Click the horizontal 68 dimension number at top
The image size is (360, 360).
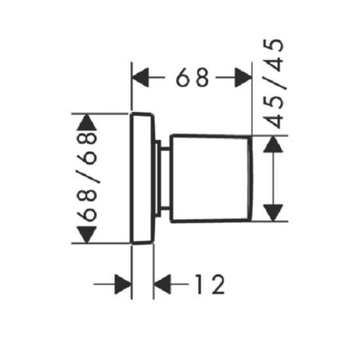pyautogui.click(x=192, y=77)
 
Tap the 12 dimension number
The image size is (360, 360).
pyautogui.click(x=210, y=284)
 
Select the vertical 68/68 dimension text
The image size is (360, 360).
pyautogui.click(x=86, y=177)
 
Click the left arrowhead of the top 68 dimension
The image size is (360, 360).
pyautogui.click(x=140, y=77)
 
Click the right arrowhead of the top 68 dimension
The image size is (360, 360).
pyautogui.click(x=243, y=77)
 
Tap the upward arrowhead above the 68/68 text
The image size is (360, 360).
pyautogui.click(x=86, y=122)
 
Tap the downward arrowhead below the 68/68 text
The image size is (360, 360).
pyautogui.click(x=86, y=234)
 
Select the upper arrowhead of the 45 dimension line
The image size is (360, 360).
pyautogui.click(x=273, y=145)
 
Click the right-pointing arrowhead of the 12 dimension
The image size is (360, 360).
pyautogui.click(x=123, y=284)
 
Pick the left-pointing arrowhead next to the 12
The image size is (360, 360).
pyautogui.click(x=162, y=284)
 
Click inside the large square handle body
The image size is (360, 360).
pyautogui.click(x=209, y=179)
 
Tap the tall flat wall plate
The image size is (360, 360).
pyautogui.click(x=141, y=179)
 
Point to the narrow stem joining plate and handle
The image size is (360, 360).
pyautogui.click(x=166, y=179)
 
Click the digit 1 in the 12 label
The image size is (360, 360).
pyautogui.click(x=199, y=284)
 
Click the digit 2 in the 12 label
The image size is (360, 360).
pyautogui.click(x=219, y=284)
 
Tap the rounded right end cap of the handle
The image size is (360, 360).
pyautogui.click(x=251, y=179)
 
